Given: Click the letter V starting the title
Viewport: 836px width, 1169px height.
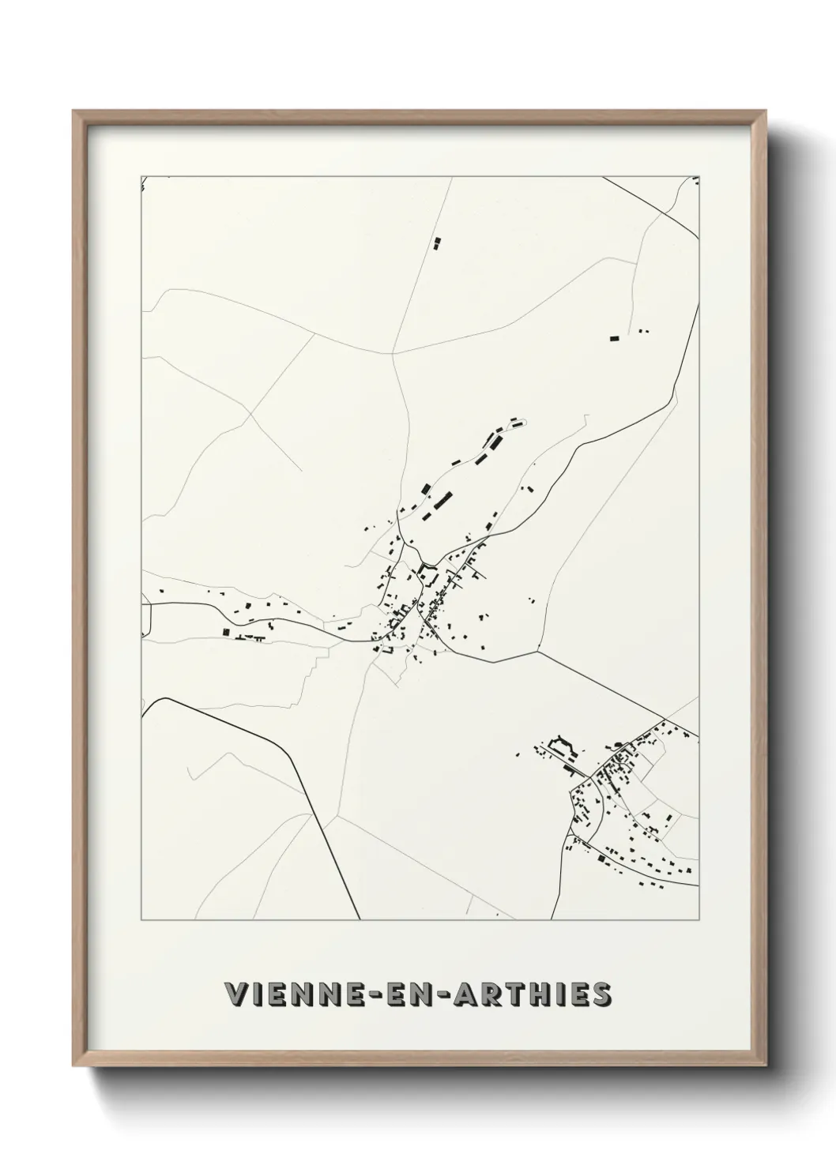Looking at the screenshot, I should point(235,994).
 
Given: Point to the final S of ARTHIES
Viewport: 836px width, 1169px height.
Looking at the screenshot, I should point(601,994).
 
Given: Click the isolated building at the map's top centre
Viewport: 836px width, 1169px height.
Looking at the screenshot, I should point(436,243).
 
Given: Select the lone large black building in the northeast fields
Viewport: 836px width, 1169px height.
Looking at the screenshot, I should point(614,338).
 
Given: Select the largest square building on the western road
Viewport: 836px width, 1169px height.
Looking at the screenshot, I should point(227,632).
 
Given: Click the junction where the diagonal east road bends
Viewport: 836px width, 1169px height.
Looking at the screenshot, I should point(539,652).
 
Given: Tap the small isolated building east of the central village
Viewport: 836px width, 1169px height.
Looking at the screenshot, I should point(532,600).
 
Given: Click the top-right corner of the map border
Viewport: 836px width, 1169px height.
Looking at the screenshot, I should point(700,175).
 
